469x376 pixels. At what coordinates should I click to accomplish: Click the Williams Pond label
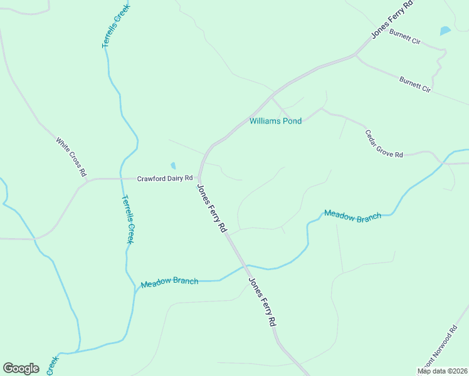(275, 121)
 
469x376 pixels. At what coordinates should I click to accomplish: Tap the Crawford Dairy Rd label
(164, 179)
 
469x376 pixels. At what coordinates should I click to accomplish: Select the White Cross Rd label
(70, 157)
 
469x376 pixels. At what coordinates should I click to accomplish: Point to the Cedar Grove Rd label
(384, 144)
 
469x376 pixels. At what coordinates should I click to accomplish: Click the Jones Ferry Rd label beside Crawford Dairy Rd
(212, 209)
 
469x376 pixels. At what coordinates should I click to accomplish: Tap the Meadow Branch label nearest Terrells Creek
(169, 283)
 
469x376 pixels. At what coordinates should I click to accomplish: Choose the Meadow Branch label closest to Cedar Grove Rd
(352, 216)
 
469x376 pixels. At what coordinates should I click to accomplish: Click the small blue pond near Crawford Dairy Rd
(173, 166)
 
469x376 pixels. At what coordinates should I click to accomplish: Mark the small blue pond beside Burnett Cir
(445, 30)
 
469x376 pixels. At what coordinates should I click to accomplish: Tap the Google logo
(21, 368)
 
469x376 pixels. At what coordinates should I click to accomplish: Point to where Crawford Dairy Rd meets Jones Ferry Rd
(199, 179)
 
